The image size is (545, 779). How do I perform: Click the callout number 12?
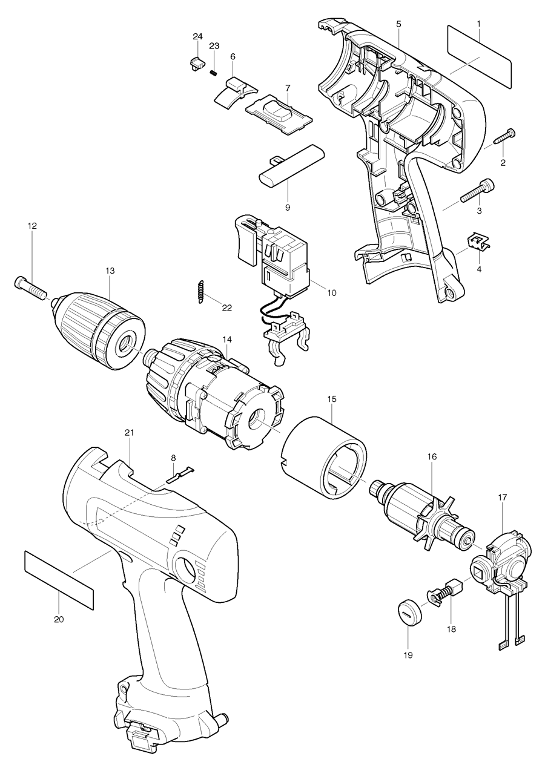point(32,226)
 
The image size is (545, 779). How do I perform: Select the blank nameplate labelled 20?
point(59,579)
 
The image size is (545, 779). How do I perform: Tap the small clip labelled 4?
point(478,242)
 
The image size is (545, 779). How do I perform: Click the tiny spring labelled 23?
point(213,73)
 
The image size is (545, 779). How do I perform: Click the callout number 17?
point(503,496)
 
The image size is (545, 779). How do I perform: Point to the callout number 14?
point(226,340)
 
